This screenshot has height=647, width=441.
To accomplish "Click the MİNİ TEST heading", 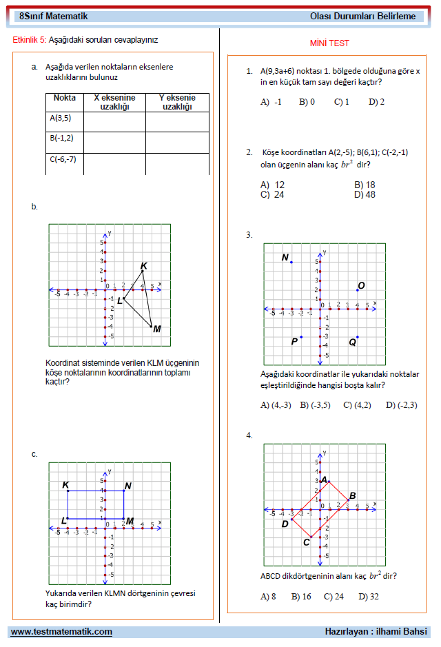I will coord(329,43).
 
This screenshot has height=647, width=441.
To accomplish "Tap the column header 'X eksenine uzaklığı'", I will coord(114,103).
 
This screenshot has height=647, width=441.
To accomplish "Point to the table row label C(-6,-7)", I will coord(63,159).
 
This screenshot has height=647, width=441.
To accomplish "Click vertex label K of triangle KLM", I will coord(143,266).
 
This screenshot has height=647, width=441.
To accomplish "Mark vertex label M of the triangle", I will coord(157,329).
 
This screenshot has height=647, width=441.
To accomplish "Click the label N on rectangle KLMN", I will coord(128,486).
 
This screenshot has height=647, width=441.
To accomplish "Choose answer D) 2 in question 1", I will coord(376,102).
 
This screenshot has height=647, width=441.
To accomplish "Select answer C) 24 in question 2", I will coord(272,194).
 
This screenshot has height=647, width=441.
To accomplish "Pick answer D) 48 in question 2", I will coord(365,194).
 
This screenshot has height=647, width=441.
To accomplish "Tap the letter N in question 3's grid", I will coord(285,258).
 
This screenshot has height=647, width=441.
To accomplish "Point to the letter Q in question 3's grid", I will coord(352,342).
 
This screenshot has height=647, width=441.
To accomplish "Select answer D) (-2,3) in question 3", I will coord(401,405).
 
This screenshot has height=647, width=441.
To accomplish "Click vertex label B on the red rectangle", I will coord(352,495).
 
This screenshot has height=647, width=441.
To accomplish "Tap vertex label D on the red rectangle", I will coord(285,524).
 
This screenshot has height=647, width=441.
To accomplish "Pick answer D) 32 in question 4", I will coord(368,597).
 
